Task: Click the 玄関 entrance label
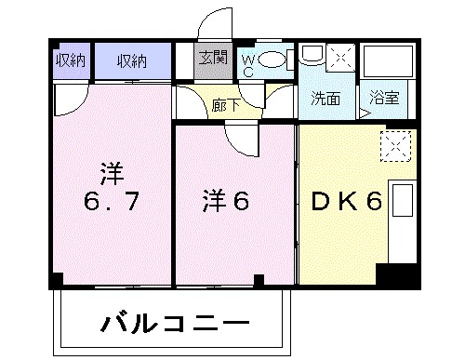click(211, 60)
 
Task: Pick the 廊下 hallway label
click(224, 104)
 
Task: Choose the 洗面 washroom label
click(325, 98)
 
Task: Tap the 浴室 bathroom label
click(383, 98)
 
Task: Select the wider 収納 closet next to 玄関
click(131, 61)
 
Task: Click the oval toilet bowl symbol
click(272, 60)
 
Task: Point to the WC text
click(248, 63)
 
